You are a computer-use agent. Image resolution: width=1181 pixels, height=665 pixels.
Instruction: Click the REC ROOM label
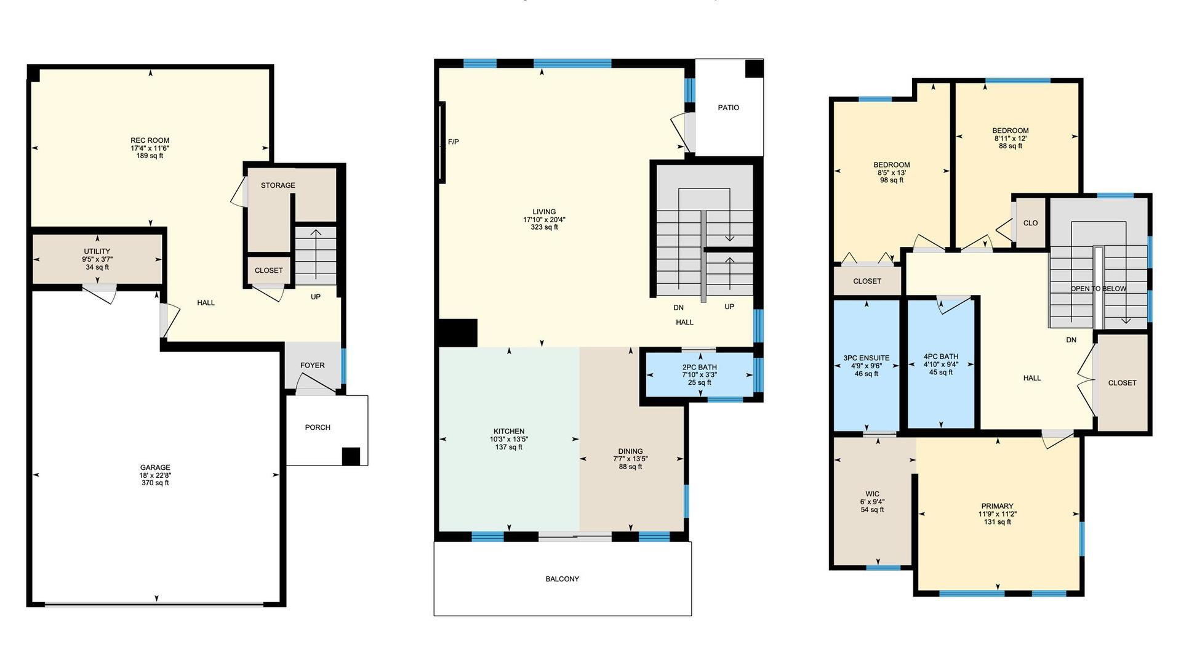point(150,140)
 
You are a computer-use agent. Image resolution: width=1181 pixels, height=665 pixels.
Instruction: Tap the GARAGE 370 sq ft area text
point(155,483)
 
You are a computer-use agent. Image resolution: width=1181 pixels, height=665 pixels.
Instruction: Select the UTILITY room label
point(97,251)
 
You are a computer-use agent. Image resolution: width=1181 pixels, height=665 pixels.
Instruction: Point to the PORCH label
point(318,427)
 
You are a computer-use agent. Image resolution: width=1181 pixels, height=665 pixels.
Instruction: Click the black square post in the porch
point(351,456)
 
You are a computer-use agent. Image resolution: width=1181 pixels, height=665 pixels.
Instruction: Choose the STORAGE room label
point(278,185)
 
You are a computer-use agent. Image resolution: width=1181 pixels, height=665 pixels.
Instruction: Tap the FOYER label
point(313,365)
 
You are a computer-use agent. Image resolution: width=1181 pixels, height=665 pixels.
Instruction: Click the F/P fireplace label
point(453,142)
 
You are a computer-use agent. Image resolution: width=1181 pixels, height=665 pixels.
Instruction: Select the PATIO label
point(728,108)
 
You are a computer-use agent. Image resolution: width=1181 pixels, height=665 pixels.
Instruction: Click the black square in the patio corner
point(755,68)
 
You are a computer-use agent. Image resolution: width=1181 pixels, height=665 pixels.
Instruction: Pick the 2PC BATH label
point(699,368)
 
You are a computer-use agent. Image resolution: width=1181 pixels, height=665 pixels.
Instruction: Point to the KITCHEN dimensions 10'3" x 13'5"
point(509,440)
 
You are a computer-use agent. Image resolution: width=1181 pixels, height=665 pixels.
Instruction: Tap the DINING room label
point(630,451)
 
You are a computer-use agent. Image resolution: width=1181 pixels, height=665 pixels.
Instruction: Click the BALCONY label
point(562,579)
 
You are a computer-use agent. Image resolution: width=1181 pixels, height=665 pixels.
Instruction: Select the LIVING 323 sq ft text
point(544,227)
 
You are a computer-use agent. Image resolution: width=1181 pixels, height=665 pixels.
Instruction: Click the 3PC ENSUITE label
point(866,358)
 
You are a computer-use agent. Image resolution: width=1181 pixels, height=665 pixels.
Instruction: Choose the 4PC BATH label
point(941,357)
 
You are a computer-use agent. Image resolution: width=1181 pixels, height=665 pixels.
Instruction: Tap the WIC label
point(872,494)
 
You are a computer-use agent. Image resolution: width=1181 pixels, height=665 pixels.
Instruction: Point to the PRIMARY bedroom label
point(997,506)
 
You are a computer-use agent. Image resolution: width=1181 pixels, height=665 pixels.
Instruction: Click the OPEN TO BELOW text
point(1099,289)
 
